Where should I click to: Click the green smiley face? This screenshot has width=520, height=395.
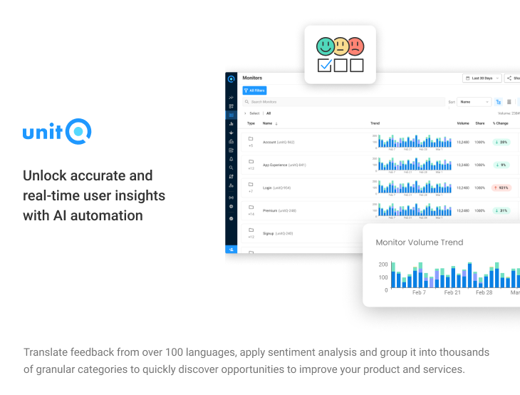325,46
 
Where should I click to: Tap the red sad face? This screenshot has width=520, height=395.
355,46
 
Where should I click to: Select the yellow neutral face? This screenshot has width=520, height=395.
340,46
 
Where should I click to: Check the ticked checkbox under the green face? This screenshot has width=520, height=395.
325,66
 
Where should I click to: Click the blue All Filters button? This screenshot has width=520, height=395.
254,91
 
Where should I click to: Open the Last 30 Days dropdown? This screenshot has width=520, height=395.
482,78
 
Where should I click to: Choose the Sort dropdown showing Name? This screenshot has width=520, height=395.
474,102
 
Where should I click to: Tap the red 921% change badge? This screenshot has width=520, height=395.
501,188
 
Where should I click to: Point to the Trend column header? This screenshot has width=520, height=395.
375,123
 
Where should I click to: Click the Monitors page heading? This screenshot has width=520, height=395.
252,78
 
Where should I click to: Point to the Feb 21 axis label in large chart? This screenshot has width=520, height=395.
452,292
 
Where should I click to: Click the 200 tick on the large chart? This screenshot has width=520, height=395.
383,265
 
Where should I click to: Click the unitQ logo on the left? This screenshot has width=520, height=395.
57,132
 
